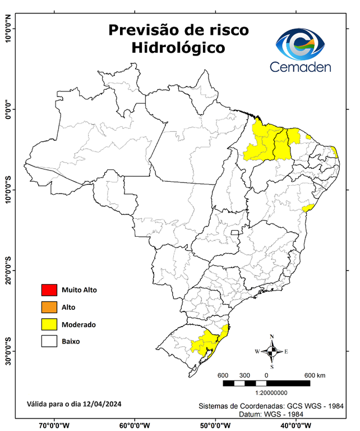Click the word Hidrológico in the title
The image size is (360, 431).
[x=178, y=48]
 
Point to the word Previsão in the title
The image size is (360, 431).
[x=145, y=29]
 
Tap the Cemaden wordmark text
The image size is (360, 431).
[x=301, y=66]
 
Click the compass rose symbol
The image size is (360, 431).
[x=272, y=351]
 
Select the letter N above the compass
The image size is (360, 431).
[x=272, y=337]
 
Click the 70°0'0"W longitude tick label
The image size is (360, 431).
[x=54, y=425]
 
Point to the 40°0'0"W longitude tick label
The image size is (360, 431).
[x=296, y=425]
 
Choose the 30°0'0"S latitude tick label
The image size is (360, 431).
[x=8, y=351]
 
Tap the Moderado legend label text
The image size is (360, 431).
[x=79, y=324]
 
